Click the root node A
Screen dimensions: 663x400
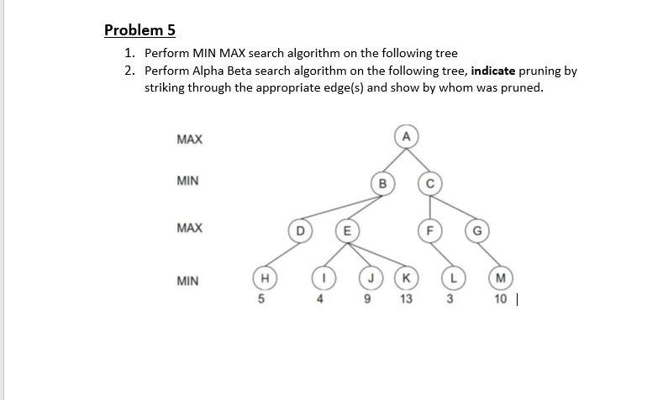click(406, 136)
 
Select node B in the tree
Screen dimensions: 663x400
click(383, 182)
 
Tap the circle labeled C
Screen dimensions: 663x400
click(429, 182)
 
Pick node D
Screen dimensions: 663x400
click(299, 229)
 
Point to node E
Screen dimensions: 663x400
click(345, 229)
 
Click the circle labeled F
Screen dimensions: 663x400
click(429, 229)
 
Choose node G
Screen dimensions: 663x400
click(476, 229)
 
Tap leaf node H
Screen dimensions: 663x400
click(263, 277)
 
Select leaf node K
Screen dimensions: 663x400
click(407, 277)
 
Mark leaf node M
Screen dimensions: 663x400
click(501, 277)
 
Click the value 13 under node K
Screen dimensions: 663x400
click(407, 298)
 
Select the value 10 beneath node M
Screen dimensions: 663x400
click(500, 298)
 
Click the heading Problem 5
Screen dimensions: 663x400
click(139, 30)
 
